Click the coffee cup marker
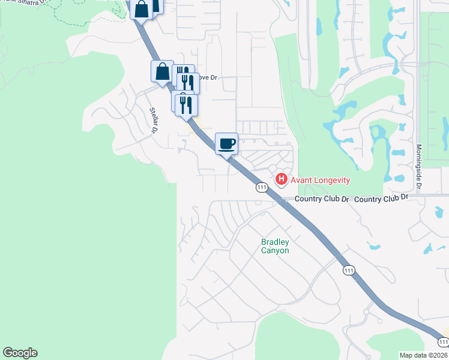[x=226, y=144]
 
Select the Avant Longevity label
[x=320, y=179]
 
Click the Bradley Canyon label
[x=275, y=246]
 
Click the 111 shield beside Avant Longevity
[x=262, y=187]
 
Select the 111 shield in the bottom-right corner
[x=442, y=341]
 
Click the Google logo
[x=20, y=353]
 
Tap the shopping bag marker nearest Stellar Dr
[x=162, y=72]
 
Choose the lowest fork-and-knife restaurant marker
[x=187, y=105]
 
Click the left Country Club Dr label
[x=321, y=199]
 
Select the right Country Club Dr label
[x=382, y=198]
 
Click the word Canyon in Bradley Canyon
[x=275, y=250]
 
